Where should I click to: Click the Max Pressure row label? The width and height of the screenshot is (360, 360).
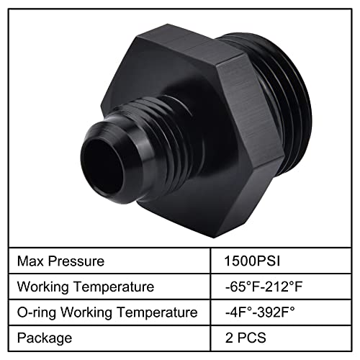(x=61, y=261)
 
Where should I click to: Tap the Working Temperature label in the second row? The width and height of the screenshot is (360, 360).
(x=85, y=287)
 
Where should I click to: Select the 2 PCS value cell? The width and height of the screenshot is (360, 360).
(x=244, y=337)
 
